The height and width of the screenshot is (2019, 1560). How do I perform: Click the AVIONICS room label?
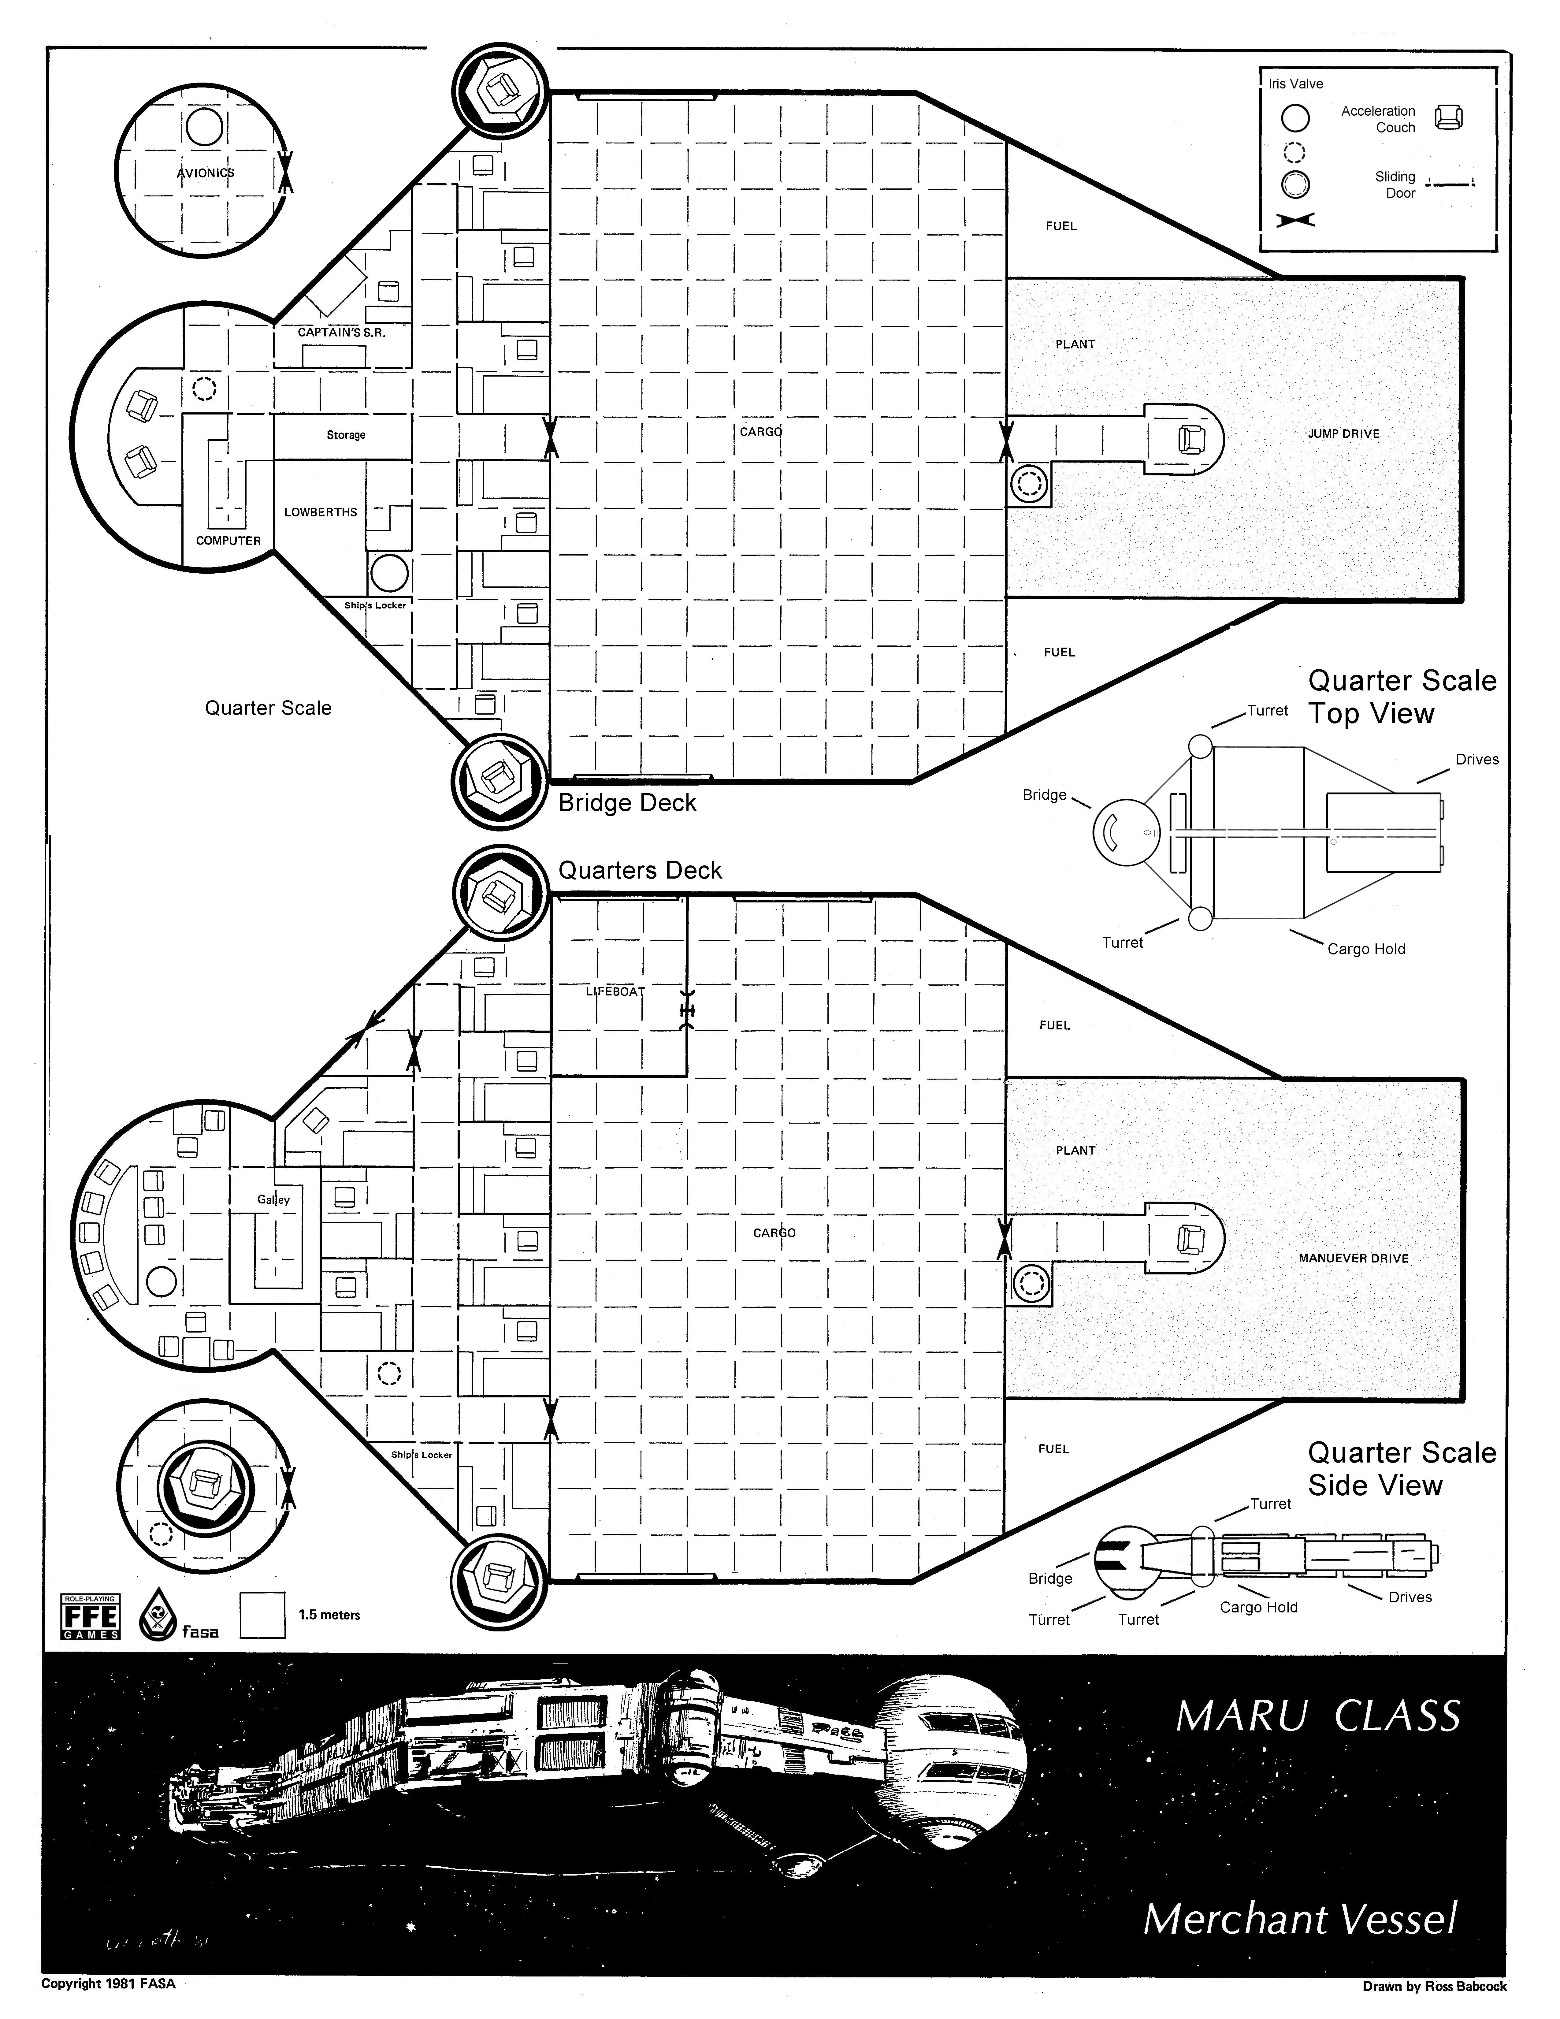(x=205, y=173)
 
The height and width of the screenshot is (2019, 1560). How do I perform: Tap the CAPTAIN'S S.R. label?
(x=341, y=333)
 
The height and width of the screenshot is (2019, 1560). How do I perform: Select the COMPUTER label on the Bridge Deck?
(x=228, y=541)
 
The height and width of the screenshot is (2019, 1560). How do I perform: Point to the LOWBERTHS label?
(x=321, y=512)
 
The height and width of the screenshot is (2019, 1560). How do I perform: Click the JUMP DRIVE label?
(x=1343, y=433)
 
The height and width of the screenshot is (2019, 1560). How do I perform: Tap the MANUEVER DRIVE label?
(x=1353, y=1258)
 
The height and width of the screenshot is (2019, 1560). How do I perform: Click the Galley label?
(x=273, y=1200)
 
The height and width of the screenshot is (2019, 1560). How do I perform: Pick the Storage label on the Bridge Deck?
(x=346, y=434)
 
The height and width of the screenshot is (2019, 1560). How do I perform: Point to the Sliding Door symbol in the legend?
(x=1450, y=183)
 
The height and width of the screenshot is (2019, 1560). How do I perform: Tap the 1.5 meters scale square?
(x=262, y=1615)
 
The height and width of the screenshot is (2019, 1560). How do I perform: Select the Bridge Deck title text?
(x=627, y=803)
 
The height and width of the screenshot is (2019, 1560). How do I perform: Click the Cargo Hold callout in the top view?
(x=1366, y=950)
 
